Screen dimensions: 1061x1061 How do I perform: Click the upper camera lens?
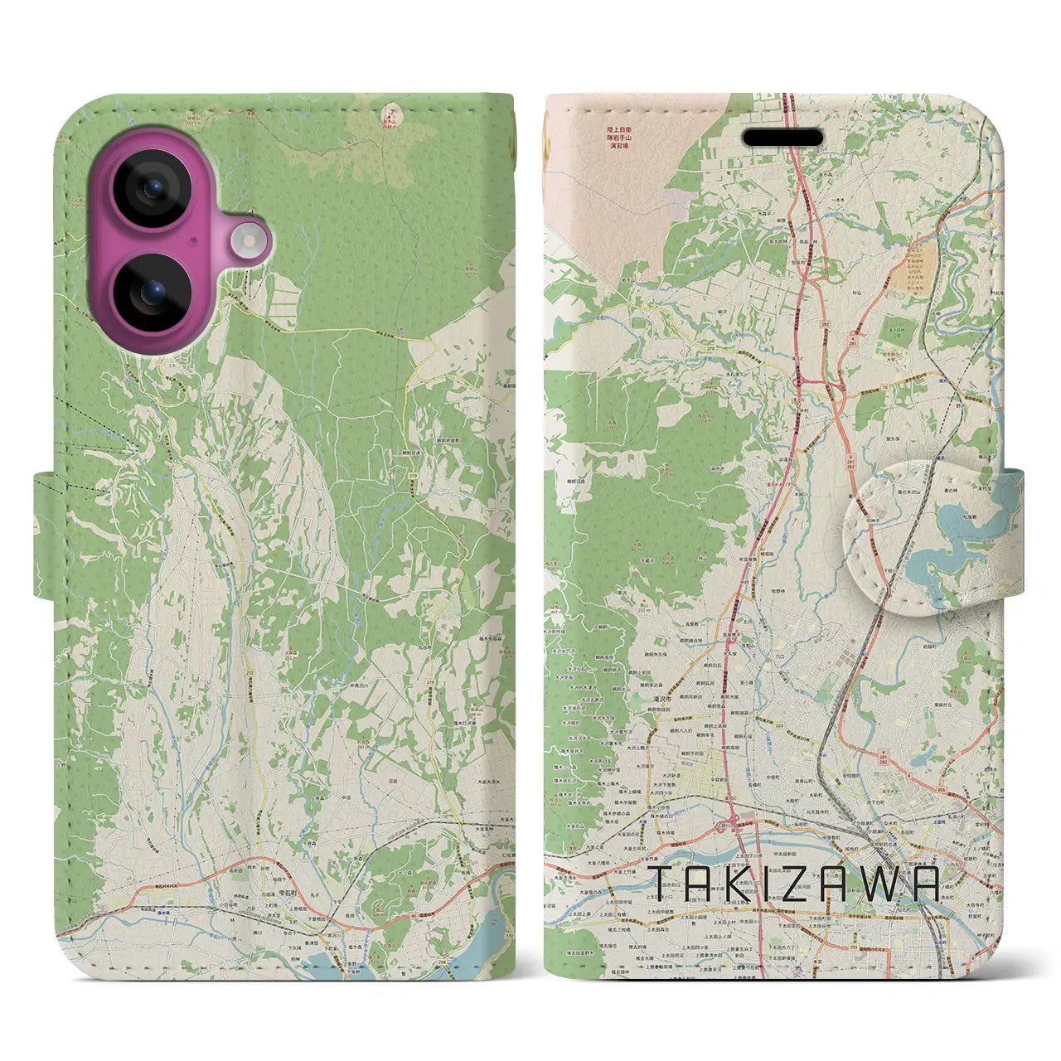153,190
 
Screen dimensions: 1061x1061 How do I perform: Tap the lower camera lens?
153,294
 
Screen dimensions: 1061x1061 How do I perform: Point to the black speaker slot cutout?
782,138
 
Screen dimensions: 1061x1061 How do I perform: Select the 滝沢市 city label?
660,699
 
